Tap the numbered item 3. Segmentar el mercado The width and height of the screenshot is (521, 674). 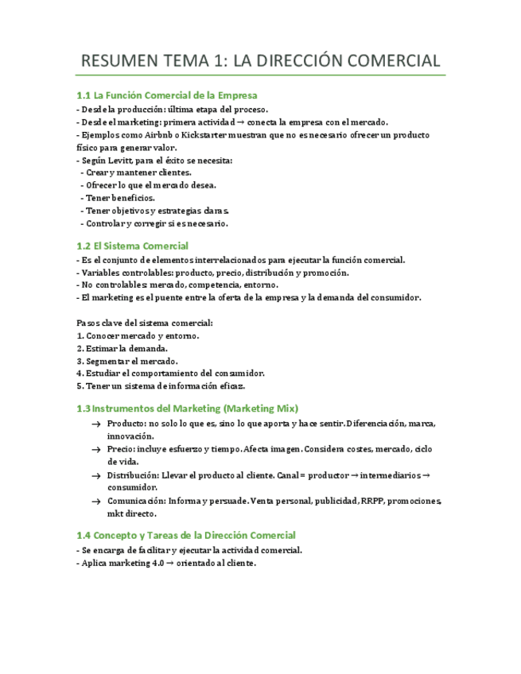tap(127, 361)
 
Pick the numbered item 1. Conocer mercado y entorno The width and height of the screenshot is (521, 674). tap(138, 335)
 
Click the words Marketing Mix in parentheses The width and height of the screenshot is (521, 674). tap(260, 409)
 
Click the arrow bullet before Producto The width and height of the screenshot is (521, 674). tap(96, 424)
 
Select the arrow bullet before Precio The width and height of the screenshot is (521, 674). tap(96, 450)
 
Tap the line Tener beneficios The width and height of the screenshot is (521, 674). tap(119, 198)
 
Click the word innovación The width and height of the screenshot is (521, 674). tap(131, 436)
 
